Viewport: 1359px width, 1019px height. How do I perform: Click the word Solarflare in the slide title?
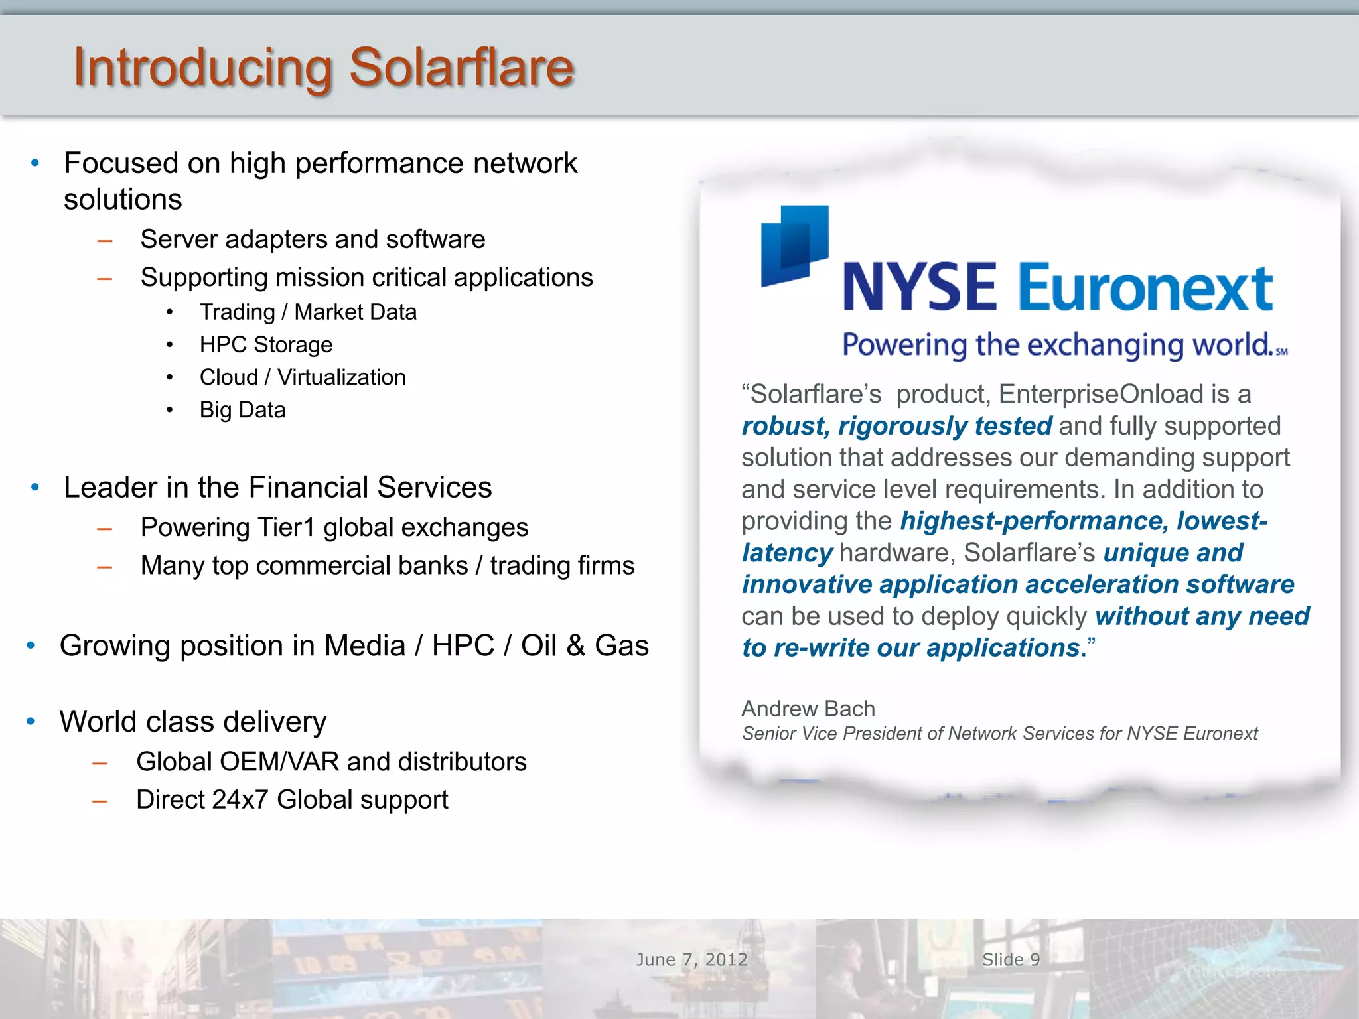tap(461, 68)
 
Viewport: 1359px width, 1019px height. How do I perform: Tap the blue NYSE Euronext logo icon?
tap(794, 245)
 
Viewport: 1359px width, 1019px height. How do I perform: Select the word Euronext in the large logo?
tap(1145, 288)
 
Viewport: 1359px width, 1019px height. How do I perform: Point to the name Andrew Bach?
tap(808, 709)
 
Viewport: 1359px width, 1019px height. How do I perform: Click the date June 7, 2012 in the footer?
tap(691, 959)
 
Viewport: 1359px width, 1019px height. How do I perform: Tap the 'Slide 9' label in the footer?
tap(1011, 959)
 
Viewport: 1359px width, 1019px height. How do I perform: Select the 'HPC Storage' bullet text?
tap(265, 345)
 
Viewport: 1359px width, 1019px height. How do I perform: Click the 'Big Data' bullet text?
tap(242, 410)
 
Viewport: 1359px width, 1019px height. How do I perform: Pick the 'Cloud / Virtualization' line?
tap(302, 377)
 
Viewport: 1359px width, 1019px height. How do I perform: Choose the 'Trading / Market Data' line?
tap(308, 312)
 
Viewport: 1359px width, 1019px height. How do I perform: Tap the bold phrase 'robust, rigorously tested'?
tap(896, 426)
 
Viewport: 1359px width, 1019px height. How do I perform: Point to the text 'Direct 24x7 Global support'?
tap(292, 800)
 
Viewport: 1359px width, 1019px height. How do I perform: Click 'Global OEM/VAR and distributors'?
tap(331, 762)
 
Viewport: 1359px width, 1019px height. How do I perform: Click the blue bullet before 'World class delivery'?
tap(31, 721)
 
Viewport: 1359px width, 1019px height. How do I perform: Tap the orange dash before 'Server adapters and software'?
tap(105, 241)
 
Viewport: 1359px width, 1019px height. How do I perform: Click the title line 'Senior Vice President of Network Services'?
tap(999, 734)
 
